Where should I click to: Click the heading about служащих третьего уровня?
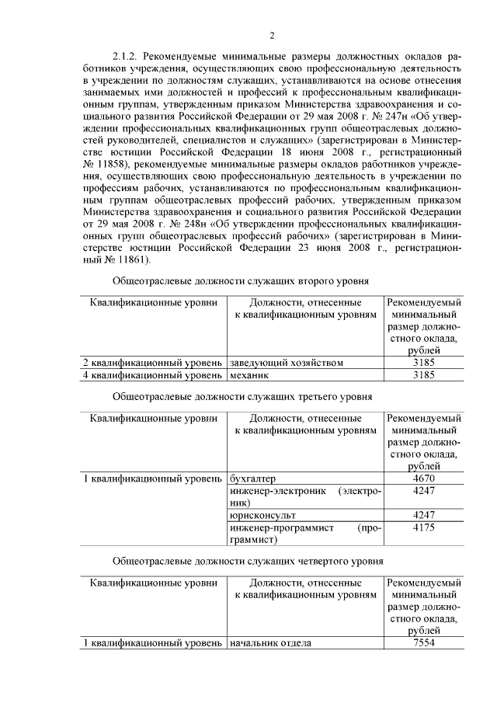pyautogui.click(x=242, y=395)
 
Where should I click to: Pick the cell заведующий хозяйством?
pyautogui.click(x=287, y=363)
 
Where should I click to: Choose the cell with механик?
pyautogui.click(x=249, y=375)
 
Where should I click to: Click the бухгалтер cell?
pyautogui.click(x=253, y=479)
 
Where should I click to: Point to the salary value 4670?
pyautogui.click(x=423, y=479)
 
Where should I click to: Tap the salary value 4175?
pyautogui.click(x=423, y=527)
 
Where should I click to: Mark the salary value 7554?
pyautogui.click(x=423, y=643)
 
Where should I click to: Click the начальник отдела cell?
pyautogui.click(x=271, y=643)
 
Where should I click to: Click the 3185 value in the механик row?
pyautogui.click(x=423, y=375)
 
